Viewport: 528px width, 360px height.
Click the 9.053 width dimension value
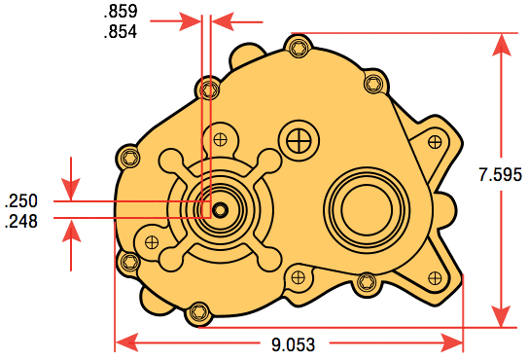tap(293, 344)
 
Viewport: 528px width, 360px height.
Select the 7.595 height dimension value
tap(501, 174)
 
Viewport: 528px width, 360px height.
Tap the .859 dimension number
tap(121, 12)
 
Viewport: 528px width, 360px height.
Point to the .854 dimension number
tap(121, 32)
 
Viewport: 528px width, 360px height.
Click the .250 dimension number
tap(20, 200)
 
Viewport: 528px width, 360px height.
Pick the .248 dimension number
tap(20, 222)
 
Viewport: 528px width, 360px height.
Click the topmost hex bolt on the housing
tap(299, 48)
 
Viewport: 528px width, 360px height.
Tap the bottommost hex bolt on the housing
tap(199, 313)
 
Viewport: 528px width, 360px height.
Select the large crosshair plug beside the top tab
tap(299, 140)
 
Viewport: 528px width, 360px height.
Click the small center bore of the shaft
tap(220, 210)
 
